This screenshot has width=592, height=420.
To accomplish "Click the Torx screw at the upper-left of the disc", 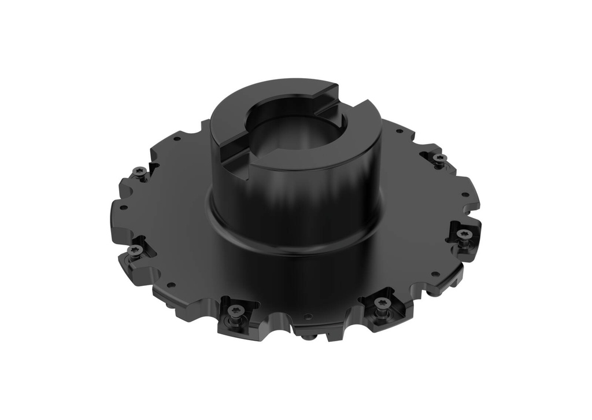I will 139,171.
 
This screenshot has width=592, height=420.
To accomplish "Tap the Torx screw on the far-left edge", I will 135,249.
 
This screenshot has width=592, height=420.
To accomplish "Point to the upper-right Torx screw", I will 440,157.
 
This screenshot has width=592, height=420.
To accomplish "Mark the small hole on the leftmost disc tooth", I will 123,207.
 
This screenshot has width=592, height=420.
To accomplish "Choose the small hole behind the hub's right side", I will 399,131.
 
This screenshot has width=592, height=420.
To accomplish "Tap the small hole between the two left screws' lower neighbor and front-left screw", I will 171,284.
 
